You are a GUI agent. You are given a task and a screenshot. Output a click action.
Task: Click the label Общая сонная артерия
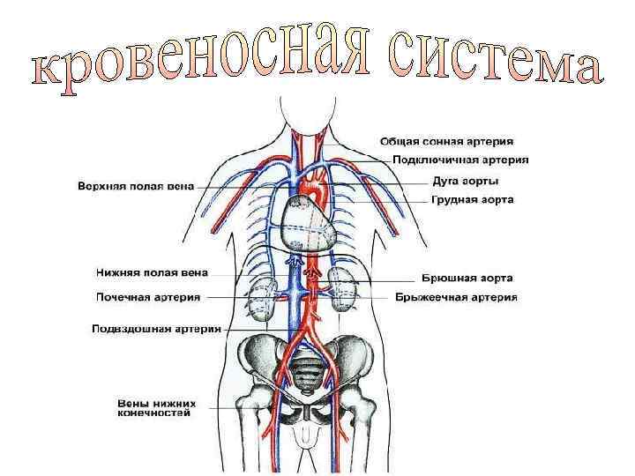[x=448, y=141]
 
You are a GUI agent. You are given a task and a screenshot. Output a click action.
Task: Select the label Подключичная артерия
[x=454, y=160]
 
